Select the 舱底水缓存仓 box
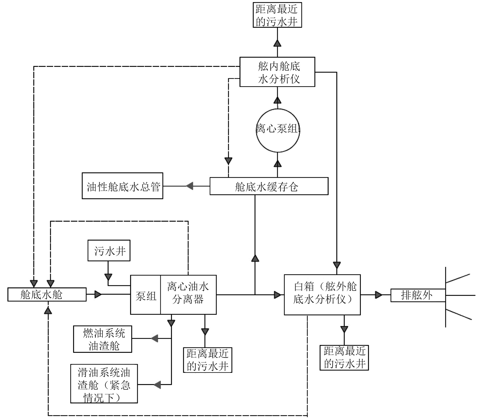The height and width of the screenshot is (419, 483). [x=269, y=187]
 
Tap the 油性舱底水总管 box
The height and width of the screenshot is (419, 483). [x=122, y=186]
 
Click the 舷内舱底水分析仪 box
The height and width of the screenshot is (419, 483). [x=277, y=72]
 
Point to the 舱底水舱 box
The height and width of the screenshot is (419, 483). [x=47, y=294]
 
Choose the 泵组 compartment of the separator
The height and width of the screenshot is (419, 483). [x=145, y=295]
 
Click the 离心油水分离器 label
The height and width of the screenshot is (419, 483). [x=188, y=293]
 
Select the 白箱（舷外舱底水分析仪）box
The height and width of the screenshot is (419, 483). [x=322, y=295]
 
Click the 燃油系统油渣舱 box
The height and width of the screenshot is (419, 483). [x=103, y=339]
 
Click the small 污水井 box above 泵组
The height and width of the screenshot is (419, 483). [x=109, y=251]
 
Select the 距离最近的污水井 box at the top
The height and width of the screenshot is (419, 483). [x=277, y=15]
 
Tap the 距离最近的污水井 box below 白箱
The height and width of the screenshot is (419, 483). [x=344, y=358]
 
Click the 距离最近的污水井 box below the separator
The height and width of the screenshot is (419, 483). [x=208, y=360]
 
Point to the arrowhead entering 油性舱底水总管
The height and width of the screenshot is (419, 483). [x=189, y=186]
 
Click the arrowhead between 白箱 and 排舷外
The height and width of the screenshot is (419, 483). [x=378, y=295]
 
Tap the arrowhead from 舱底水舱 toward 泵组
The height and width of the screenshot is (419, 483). [x=98, y=294]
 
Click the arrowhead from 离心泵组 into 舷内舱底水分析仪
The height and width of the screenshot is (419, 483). [x=278, y=100]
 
